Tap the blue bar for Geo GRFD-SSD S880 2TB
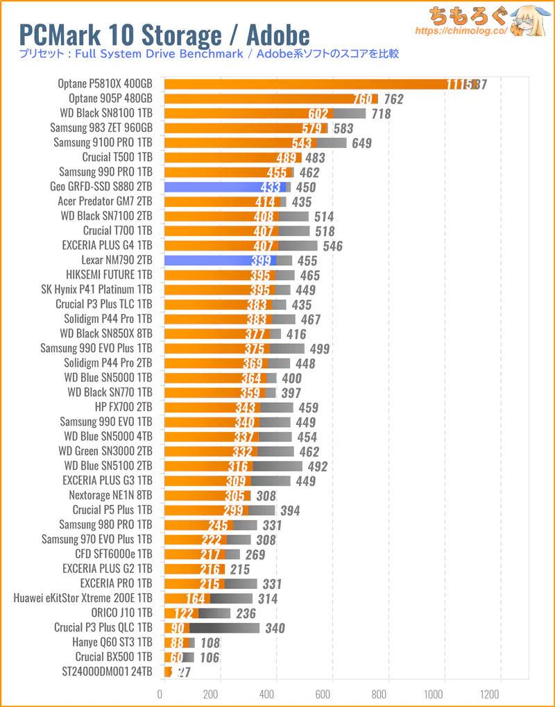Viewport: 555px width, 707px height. point(222,187)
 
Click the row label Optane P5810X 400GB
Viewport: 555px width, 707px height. point(105,84)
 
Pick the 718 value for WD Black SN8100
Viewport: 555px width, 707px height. point(381,114)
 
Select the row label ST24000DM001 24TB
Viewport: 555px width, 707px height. point(107,672)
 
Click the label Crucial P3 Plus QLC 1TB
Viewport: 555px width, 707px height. point(103,628)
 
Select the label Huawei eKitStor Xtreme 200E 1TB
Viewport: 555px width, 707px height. point(83,598)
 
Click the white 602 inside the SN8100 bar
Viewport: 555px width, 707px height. point(318,114)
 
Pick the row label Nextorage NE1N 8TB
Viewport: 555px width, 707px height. point(111,495)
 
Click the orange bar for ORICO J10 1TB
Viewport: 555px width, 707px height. point(180,613)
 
